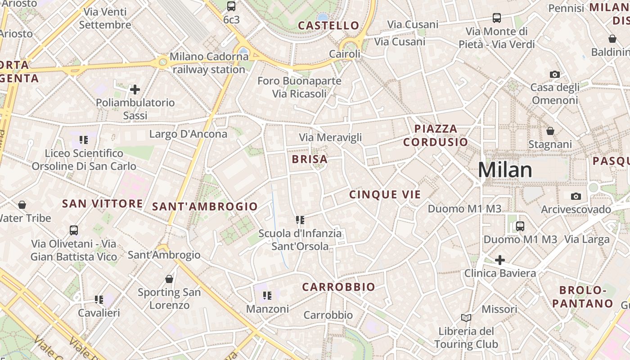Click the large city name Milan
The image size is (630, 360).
click(505, 170)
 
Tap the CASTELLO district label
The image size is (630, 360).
click(328, 26)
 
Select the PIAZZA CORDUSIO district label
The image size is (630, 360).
click(435, 135)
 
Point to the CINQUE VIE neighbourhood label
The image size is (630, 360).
click(385, 194)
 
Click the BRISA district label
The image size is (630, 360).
click(310, 159)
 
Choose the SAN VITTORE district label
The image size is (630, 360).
click(103, 204)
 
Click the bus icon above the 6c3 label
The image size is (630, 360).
click(231, 6)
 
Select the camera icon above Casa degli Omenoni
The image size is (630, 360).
click(555, 74)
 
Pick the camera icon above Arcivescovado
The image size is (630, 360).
click(576, 196)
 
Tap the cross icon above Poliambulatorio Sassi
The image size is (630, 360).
click(135, 90)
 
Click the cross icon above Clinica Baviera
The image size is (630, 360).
click(499, 260)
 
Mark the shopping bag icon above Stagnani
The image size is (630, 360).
click(550, 131)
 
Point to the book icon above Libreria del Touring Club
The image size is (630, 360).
click(466, 318)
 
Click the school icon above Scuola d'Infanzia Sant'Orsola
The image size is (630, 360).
click(300, 220)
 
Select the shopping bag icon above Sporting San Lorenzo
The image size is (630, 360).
click(169, 279)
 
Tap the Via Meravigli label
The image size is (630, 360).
click(330, 138)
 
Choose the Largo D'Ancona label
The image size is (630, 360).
click(188, 134)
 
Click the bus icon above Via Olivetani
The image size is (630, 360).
click(74, 230)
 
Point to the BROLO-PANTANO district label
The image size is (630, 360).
click(582, 297)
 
